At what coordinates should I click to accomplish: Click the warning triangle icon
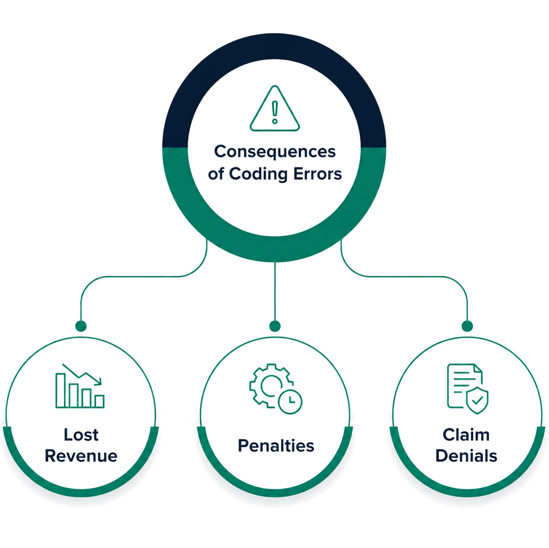(x=275, y=108)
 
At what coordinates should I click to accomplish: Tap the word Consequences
(x=275, y=152)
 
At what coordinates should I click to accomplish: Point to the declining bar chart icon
(x=80, y=386)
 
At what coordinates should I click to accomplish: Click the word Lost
(x=81, y=435)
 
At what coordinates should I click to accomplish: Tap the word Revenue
(x=81, y=456)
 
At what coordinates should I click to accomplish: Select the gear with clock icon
(x=276, y=389)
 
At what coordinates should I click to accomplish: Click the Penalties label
(x=276, y=445)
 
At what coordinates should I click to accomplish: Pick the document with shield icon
(x=468, y=389)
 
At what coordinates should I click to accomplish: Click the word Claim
(x=466, y=435)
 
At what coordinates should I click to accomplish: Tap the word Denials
(x=466, y=456)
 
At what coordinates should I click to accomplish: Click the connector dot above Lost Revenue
(x=81, y=326)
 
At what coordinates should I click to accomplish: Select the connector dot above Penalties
(x=275, y=326)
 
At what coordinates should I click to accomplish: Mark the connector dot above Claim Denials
(x=467, y=326)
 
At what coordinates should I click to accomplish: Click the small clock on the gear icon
(x=290, y=401)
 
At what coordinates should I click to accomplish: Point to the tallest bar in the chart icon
(x=61, y=390)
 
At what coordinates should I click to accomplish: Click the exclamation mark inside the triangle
(x=275, y=112)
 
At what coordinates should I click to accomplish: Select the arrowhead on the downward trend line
(x=98, y=381)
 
